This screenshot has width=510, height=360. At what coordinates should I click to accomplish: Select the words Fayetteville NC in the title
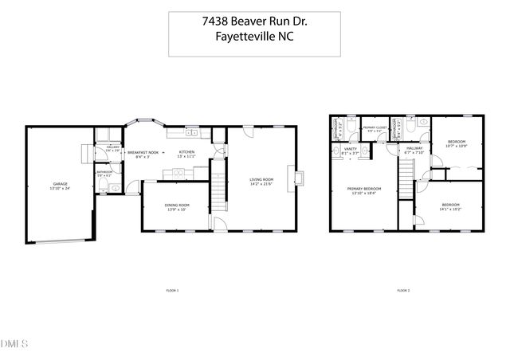[x=255, y=41]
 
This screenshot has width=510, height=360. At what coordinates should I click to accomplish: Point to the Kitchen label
[x=186, y=153]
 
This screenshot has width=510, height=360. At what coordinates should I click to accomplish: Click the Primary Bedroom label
[x=364, y=191]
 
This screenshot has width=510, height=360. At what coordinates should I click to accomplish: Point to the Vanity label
[x=350, y=151]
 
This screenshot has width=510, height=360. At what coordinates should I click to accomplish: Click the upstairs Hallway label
[x=414, y=149]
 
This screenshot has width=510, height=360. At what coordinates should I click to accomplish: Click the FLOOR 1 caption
[x=171, y=291]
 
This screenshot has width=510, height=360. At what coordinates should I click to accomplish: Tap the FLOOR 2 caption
[x=403, y=291]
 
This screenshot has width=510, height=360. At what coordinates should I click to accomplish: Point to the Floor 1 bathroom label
[x=104, y=174]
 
